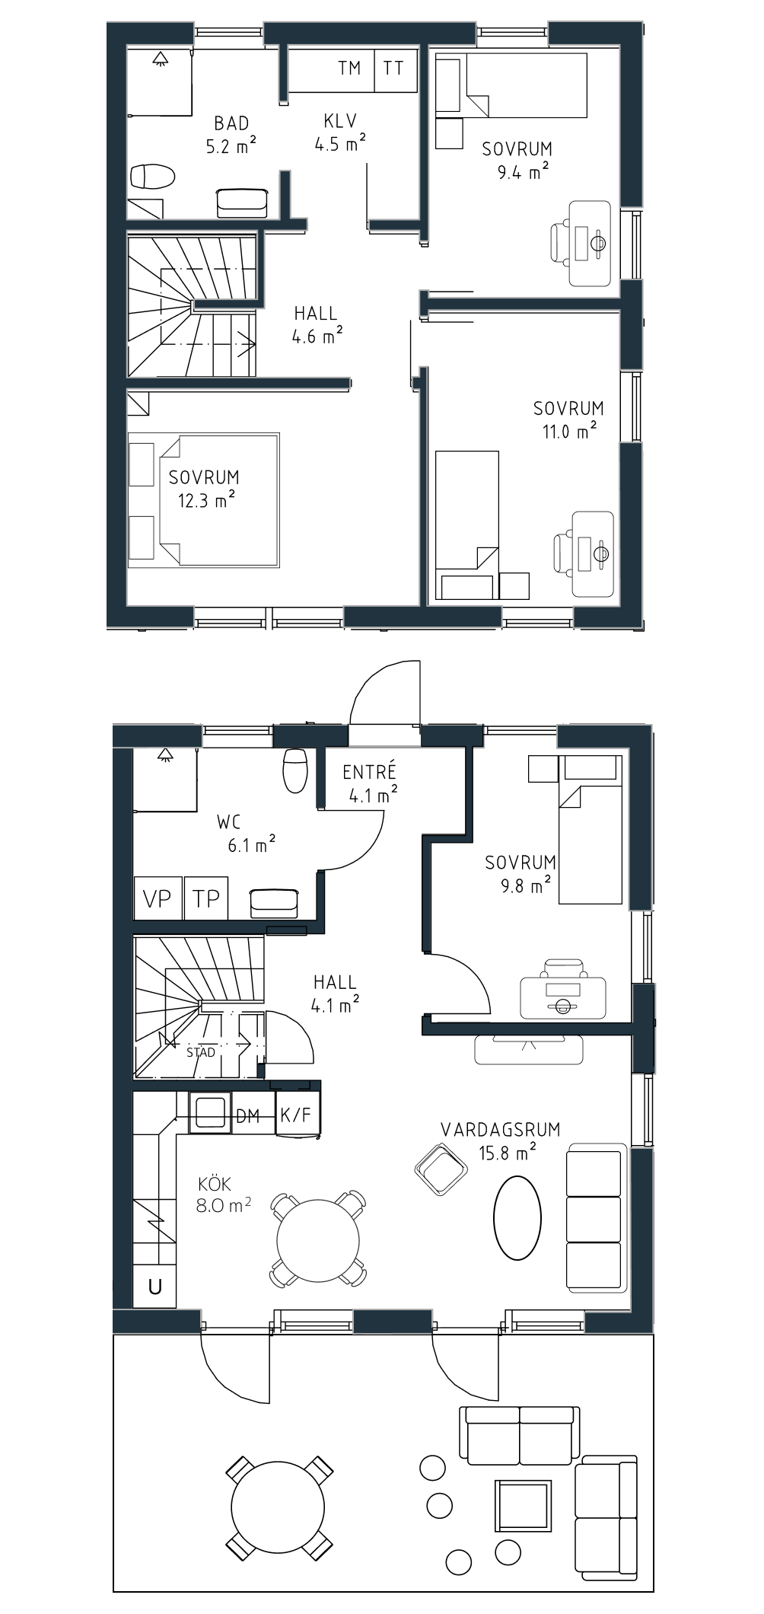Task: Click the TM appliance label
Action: click(349, 69)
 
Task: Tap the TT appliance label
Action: click(393, 69)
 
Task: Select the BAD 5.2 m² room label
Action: click(231, 134)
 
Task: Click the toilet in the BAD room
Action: click(153, 177)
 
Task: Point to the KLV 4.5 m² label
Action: click(340, 132)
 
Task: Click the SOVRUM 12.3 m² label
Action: click(204, 489)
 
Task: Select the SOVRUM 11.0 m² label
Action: click(568, 419)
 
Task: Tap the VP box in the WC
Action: click(158, 898)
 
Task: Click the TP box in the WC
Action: click(206, 898)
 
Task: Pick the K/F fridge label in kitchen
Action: click(296, 1115)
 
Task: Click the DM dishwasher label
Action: click(248, 1116)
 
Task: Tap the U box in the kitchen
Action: click(155, 1286)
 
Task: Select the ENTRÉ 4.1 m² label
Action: click(370, 783)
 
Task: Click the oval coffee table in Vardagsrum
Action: click(517, 1217)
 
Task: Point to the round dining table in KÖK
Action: click(318, 1240)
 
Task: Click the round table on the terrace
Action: click(279, 1507)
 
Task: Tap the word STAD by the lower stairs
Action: click(201, 1052)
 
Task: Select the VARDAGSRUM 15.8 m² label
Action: click(501, 1140)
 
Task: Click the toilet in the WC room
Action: click(295, 770)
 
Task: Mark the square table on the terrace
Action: click(523, 1505)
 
